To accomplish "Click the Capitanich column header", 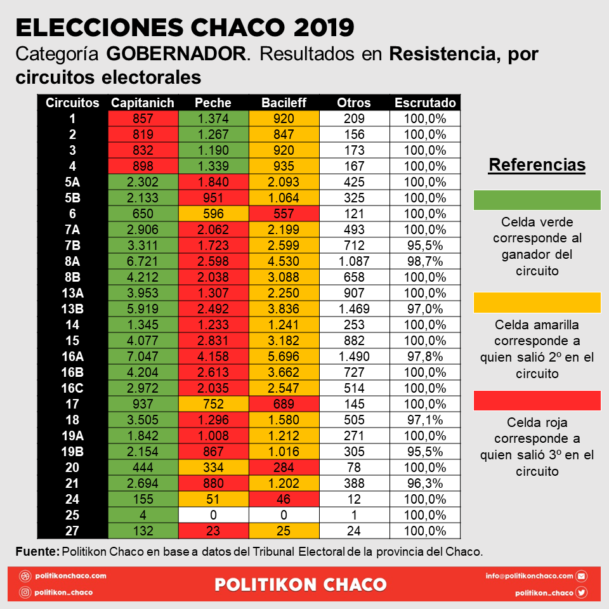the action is click(143, 103).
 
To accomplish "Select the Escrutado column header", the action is click(425, 103).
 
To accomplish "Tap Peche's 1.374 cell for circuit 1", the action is click(213, 119).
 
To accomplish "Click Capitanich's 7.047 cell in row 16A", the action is click(143, 356).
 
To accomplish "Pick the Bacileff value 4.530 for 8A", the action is click(284, 261).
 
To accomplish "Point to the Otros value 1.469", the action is click(354, 309).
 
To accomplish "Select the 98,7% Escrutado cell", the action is click(425, 261).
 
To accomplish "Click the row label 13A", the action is click(72, 293).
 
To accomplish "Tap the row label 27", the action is click(72, 530).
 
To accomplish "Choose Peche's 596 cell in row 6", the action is click(213, 214).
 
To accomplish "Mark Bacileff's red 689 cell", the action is click(284, 404).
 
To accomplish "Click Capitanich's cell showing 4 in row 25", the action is click(143, 515).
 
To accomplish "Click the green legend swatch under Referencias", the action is click(537, 200).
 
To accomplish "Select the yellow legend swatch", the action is click(537, 303).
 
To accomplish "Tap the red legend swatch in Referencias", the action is click(537, 400).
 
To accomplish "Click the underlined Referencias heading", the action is click(537, 165).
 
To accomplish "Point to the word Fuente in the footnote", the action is click(37, 551).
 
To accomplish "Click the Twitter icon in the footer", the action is click(582, 593).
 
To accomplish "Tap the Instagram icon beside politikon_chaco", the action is click(25, 593).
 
